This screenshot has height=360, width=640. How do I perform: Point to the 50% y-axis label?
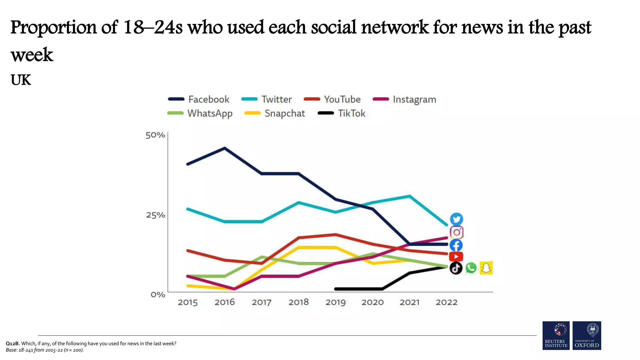click(155, 135)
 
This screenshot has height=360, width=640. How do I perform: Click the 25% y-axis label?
click(155, 215)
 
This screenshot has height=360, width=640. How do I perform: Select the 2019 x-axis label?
click(335, 302)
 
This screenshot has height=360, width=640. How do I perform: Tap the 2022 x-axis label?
click(446, 302)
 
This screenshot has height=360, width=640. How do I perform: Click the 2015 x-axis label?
click(187, 302)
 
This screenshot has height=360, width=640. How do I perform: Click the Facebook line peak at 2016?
click(225, 148)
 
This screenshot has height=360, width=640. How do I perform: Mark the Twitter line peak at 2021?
click(409, 196)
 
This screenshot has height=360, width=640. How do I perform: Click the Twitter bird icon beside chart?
click(456, 219)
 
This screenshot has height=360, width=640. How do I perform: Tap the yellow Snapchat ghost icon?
click(486, 268)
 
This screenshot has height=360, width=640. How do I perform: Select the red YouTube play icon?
click(456, 257)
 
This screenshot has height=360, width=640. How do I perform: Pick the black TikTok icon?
click(456, 268)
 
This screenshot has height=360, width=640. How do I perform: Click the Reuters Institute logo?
click(556, 335)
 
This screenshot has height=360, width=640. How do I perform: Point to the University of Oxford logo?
click(587, 335)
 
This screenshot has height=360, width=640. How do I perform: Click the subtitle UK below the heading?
click(21, 80)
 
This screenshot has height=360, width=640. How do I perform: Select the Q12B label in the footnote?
click(12, 343)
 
